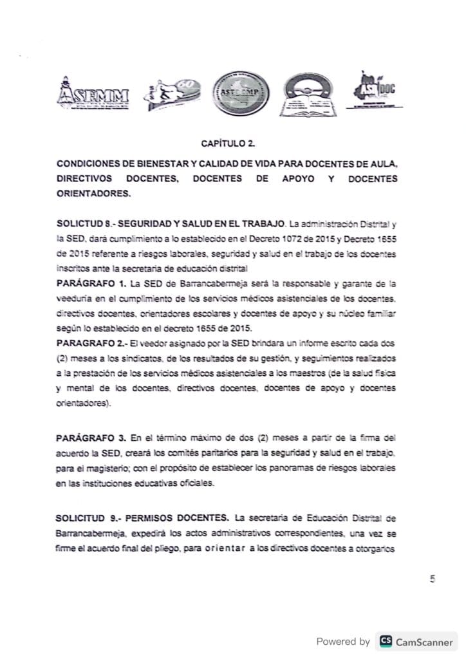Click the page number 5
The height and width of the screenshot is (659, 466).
(x=433, y=579)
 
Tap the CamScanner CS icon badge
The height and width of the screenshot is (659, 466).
(x=386, y=641)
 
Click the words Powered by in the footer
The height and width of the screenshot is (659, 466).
(x=343, y=641)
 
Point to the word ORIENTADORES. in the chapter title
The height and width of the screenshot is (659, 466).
(x=93, y=192)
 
